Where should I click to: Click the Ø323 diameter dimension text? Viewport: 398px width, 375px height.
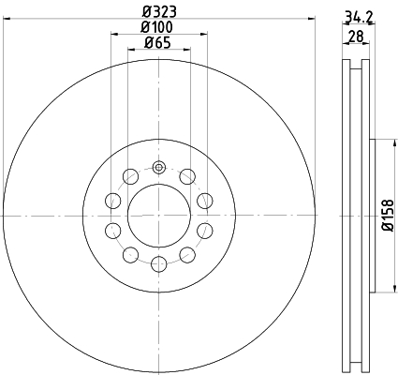159,12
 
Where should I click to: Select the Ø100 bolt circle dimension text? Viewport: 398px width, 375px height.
156,27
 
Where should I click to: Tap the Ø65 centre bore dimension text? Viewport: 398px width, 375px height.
157,42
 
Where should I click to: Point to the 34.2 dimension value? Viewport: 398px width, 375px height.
359,17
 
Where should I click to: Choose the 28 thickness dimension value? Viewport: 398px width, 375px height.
356,37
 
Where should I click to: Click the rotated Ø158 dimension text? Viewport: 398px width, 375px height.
388,216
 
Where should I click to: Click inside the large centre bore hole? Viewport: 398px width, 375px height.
159,216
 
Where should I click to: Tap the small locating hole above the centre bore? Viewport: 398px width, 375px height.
159,167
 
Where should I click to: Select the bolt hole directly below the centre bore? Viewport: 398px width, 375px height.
159,264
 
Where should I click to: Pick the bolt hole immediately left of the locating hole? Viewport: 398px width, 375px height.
130,176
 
